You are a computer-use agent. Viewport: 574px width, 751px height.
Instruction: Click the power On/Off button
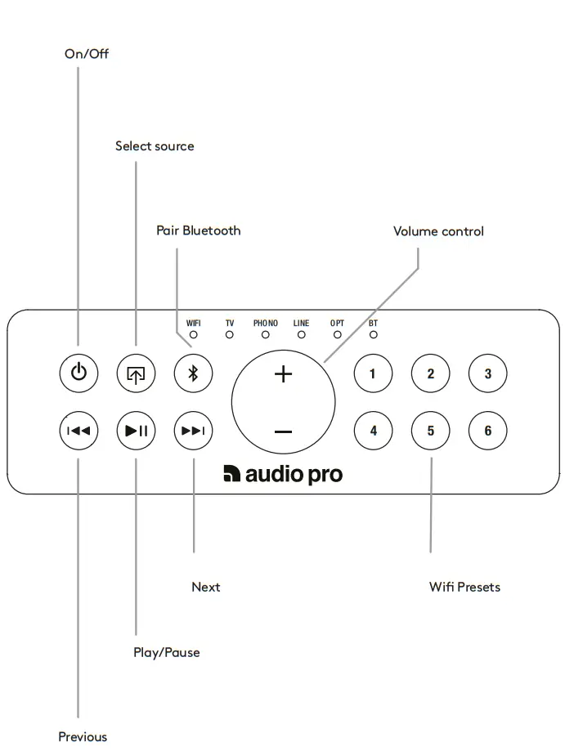click(x=78, y=373)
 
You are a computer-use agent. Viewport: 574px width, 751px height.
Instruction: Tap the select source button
click(x=136, y=373)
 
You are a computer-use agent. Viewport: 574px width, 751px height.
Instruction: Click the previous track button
click(x=78, y=431)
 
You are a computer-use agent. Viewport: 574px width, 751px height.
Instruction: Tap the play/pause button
click(x=136, y=431)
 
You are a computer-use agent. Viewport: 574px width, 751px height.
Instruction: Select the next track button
click(x=193, y=431)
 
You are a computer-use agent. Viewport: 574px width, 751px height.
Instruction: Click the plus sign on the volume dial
click(x=283, y=374)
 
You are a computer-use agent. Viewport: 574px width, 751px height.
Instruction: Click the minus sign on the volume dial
click(x=283, y=431)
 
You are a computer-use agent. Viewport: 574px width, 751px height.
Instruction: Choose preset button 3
click(x=488, y=373)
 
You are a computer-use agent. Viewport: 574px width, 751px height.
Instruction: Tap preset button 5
click(x=431, y=431)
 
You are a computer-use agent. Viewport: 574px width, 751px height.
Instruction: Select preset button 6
click(x=488, y=431)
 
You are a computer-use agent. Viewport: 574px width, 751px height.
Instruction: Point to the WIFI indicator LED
click(x=194, y=334)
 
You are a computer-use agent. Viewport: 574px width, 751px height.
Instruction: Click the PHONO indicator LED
click(x=266, y=334)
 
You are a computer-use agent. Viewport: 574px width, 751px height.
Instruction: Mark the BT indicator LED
click(x=374, y=334)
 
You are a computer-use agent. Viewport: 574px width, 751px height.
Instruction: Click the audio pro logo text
click(x=283, y=475)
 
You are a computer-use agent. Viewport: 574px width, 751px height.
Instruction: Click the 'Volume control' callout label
click(x=438, y=231)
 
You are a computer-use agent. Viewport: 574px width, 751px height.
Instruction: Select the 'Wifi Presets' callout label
click(x=464, y=587)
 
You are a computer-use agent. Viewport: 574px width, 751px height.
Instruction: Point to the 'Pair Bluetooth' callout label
click(x=199, y=230)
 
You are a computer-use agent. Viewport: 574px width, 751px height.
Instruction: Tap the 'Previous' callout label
click(x=83, y=737)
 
